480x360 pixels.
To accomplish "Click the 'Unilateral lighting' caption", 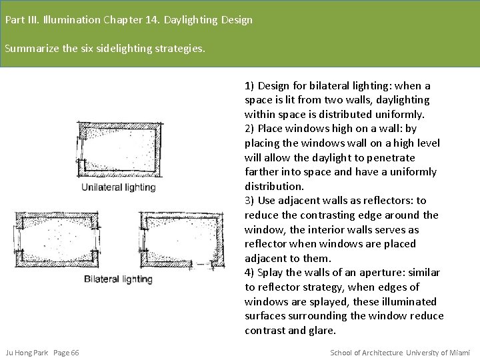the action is (x=119, y=187).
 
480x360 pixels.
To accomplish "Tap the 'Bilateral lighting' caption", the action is (x=118, y=279).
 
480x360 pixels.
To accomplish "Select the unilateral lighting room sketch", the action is (x=119, y=149).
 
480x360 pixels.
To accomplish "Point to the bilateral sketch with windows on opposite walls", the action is (x=57, y=239).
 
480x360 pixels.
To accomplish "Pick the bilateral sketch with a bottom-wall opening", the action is (x=182, y=241).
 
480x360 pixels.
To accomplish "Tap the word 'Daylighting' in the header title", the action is (x=191, y=20).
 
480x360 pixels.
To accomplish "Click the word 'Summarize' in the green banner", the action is (x=32, y=49).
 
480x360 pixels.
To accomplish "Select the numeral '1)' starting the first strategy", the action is (x=249, y=86).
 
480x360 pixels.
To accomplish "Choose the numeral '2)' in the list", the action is (x=249, y=129).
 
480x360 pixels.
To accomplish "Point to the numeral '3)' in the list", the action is (x=249, y=201).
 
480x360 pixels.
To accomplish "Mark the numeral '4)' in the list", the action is (x=249, y=273).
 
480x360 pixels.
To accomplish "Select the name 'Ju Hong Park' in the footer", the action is (x=27, y=353).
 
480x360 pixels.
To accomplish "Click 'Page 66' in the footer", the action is (x=66, y=353).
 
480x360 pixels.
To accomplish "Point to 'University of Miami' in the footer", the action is (x=438, y=353).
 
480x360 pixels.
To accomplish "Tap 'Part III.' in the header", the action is (x=23, y=20).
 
